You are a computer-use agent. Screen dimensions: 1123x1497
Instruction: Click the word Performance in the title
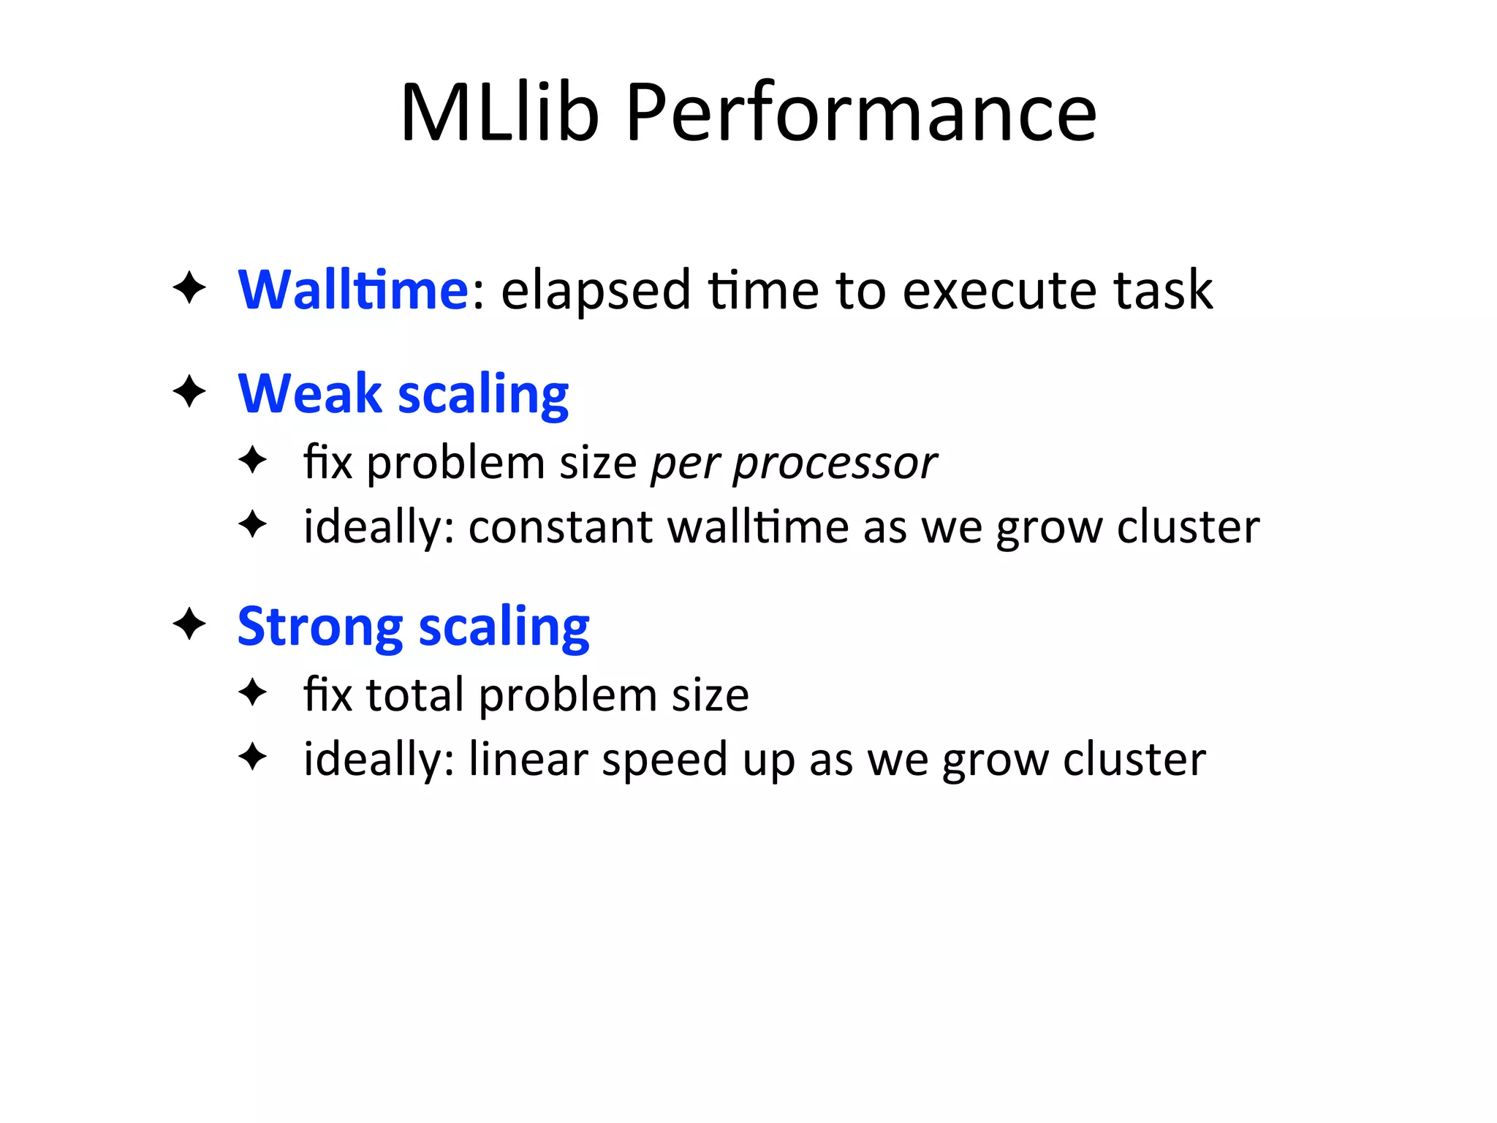[861, 113]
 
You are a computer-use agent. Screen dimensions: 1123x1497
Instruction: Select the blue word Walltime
[353, 290]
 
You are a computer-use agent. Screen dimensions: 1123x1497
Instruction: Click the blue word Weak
[310, 394]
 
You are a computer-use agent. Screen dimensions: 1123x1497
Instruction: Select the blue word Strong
[320, 627]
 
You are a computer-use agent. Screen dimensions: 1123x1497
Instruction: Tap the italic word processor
[835, 464]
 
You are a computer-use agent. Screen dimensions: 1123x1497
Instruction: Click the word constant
[561, 527]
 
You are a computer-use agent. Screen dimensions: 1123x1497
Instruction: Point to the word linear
[528, 759]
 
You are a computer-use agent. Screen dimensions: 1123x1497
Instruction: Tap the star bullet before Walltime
[189, 288]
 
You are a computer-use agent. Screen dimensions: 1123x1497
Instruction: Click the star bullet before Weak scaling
[189, 392]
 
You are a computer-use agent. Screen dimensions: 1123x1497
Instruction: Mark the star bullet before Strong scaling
[189, 624]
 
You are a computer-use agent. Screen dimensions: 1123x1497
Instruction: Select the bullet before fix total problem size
[253, 692]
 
